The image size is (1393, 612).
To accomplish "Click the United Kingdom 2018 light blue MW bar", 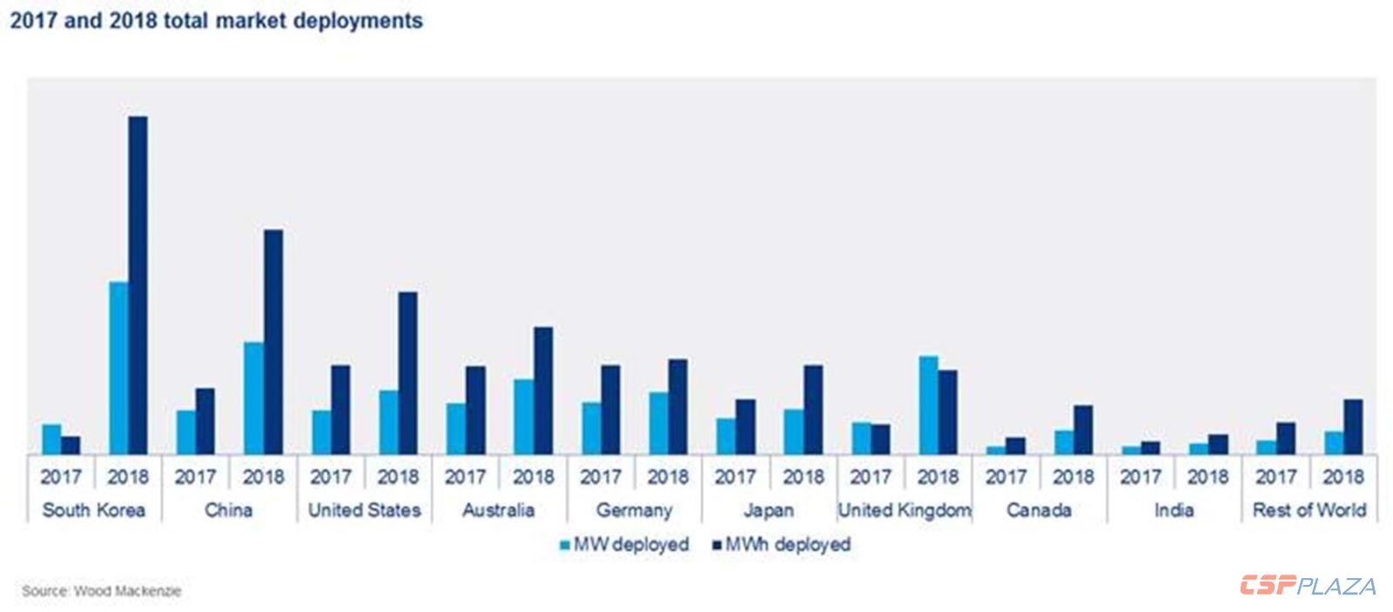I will click(x=929, y=405).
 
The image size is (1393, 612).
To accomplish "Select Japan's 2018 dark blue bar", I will click(x=813, y=409).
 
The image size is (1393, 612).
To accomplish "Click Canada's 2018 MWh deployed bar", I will click(x=1083, y=429).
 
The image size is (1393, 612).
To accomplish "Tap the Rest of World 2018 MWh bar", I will click(x=1353, y=427).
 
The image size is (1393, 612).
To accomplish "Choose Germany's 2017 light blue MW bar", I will click(x=591, y=427).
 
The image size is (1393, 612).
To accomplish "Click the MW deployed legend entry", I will click(x=624, y=545).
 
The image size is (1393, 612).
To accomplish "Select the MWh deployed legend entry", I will click(x=781, y=545).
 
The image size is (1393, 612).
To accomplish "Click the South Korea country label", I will click(x=94, y=510).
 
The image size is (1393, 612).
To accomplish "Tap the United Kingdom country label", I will click(x=905, y=510).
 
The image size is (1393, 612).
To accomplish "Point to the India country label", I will click(x=1174, y=510).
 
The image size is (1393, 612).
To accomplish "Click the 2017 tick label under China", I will click(x=195, y=477).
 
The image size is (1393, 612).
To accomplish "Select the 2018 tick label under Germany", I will click(x=668, y=477).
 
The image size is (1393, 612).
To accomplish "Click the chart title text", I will click(x=217, y=21).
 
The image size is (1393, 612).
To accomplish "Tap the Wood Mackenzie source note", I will click(x=102, y=591).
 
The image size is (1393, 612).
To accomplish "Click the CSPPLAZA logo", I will click(x=1308, y=586).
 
